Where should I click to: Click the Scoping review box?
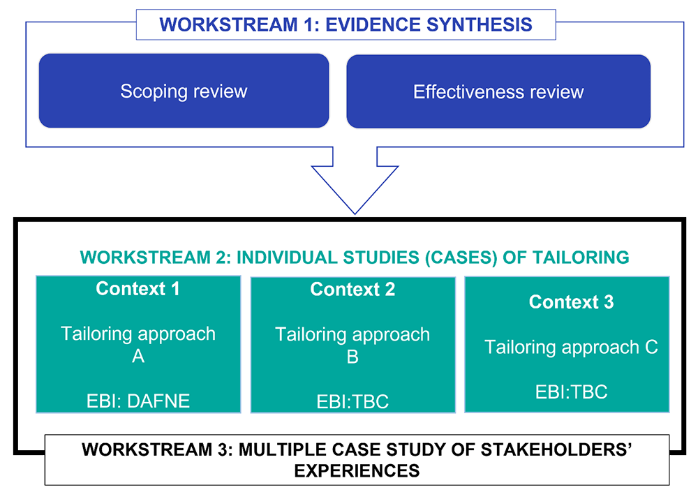tap(184, 91)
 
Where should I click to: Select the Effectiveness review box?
tap(498, 91)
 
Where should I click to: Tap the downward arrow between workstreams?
tap(355, 180)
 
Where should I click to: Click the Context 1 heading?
tap(138, 288)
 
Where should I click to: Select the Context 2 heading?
tap(352, 290)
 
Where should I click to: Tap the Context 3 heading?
tap(571, 301)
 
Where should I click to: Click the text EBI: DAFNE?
tap(138, 401)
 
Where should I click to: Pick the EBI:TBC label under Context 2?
tap(352, 401)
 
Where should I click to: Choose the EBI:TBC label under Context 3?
tap(571, 392)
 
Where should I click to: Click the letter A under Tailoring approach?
tap(138, 356)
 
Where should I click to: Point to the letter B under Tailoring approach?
tap(352, 357)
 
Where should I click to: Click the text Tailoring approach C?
tap(571, 348)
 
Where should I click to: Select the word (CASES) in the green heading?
tap(461, 258)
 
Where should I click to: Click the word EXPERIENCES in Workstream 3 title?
tap(357, 470)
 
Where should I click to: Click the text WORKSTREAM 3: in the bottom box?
tap(158, 449)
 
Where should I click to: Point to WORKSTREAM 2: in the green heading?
tap(156, 258)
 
